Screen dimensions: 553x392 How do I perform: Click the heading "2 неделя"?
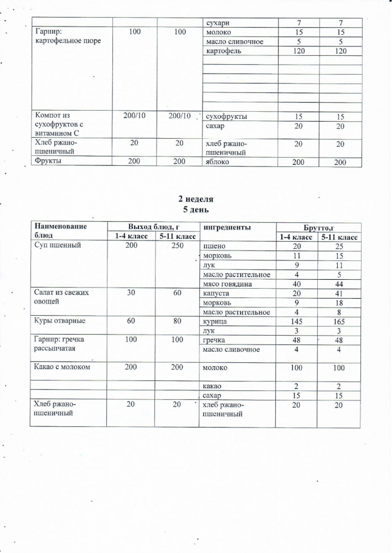click(195, 199)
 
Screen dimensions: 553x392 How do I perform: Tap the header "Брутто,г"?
click(318, 227)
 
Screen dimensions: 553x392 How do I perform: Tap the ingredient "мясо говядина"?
click(228, 284)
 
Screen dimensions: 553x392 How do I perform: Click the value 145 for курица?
click(297, 321)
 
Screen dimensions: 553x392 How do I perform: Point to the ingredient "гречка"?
click(215, 340)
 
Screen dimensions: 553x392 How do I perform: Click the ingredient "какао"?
click(214, 386)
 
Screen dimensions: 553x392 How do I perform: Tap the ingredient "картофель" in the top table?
click(223, 51)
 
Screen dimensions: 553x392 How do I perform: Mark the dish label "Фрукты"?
click(48, 161)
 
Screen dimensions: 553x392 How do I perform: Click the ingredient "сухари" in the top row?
click(217, 23)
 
